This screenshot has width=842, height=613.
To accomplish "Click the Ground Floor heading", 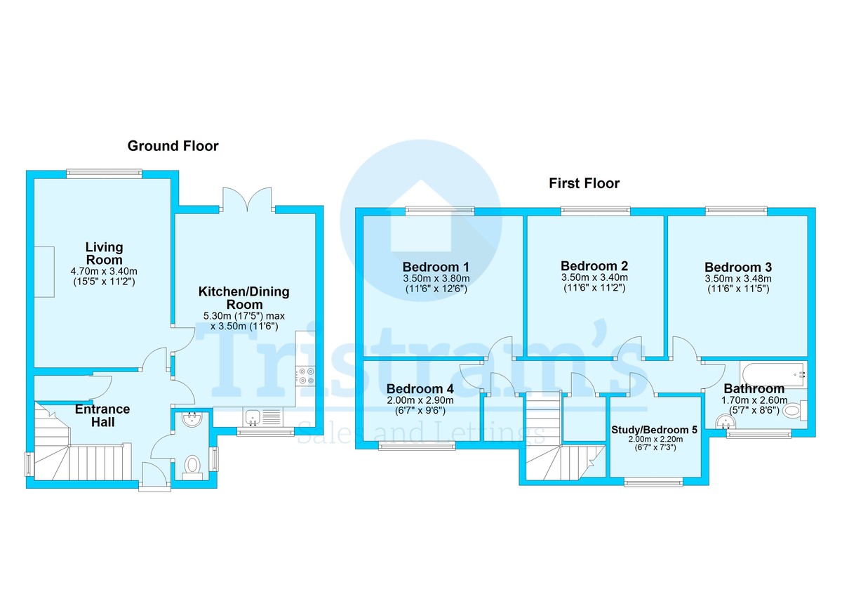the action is (173, 146).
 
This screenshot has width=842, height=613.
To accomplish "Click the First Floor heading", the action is (584, 183).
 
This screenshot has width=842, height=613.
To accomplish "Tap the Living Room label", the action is (104, 253).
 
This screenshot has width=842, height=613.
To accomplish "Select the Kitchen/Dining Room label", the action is (244, 298).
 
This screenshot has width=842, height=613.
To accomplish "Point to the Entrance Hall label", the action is (102, 416).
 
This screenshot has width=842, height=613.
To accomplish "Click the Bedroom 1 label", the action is (436, 267).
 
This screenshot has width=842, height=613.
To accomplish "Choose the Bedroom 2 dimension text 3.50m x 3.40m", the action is (594, 277).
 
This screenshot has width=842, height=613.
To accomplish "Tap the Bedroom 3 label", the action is (738, 268).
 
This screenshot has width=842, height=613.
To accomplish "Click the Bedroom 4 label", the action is (420, 388).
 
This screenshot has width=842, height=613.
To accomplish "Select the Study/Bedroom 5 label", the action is (654, 430).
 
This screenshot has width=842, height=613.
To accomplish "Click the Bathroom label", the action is (754, 388).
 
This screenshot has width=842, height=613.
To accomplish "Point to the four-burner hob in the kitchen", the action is (306, 376).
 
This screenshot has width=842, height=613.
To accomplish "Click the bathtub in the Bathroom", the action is (773, 374).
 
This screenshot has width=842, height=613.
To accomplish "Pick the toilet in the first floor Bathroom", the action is (794, 410).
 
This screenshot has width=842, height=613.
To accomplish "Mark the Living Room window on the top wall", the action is (105, 173).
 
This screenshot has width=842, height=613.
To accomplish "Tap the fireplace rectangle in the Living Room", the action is (44, 272).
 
